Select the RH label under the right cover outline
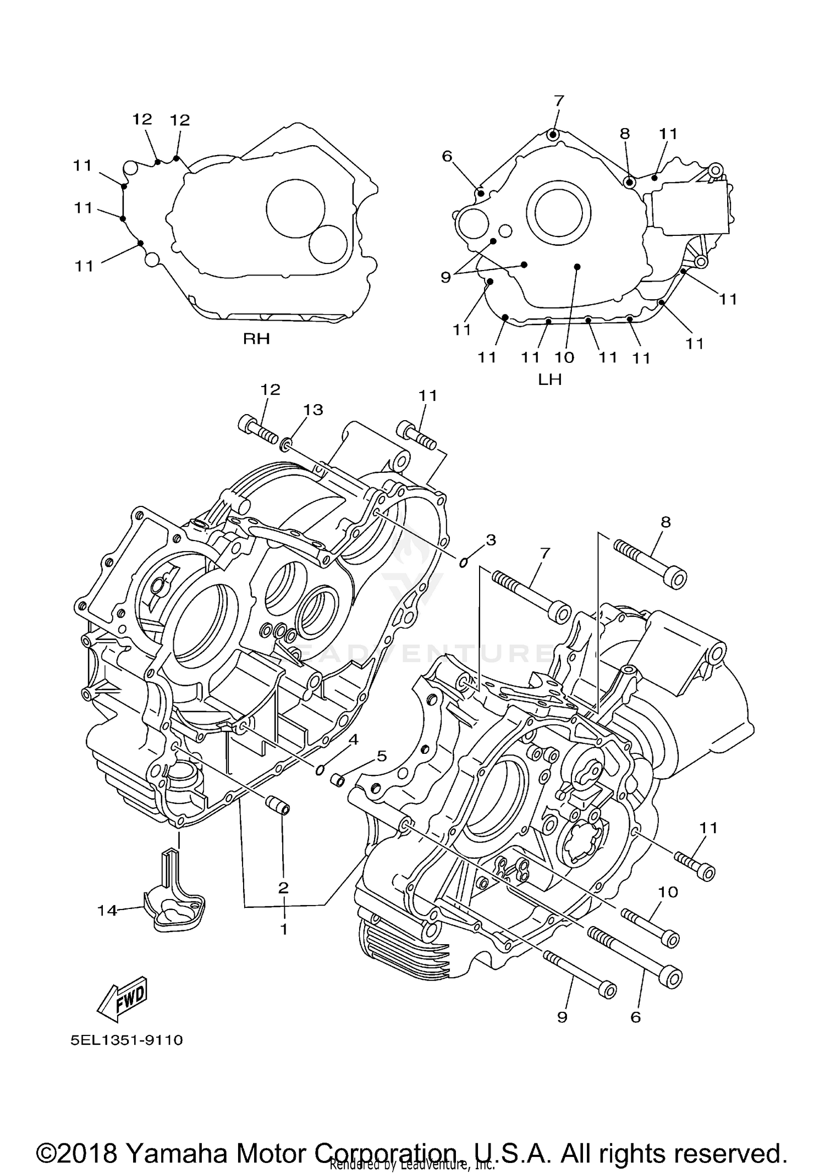coord(256,339)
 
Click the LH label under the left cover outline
coord(549,379)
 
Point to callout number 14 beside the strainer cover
coord(107,911)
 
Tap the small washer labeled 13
coord(287,443)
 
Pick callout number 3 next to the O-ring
coord(491,540)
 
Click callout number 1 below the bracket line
coord(284,929)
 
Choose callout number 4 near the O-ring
coord(353,740)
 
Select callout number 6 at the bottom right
coord(635,1017)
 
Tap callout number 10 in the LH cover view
coord(564,357)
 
